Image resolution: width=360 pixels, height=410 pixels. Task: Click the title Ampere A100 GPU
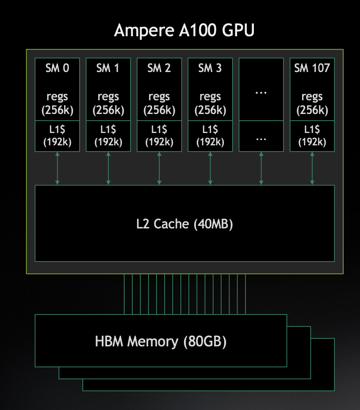(x=184, y=31)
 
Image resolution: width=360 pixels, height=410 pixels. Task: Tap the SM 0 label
(x=57, y=68)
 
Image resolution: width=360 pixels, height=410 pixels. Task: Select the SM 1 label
(x=108, y=68)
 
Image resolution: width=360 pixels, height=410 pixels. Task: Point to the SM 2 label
(x=159, y=68)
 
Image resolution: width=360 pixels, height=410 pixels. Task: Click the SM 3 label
(x=210, y=68)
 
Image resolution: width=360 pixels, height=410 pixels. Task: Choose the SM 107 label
(x=312, y=68)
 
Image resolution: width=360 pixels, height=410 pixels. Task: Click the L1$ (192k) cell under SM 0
(x=57, y=136)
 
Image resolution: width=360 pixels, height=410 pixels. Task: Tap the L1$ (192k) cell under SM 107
(x=312, y=136)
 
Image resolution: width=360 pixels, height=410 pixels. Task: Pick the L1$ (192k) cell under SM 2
(x=159, y=136)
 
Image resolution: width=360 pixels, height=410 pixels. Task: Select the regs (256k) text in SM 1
(x=108, y=103)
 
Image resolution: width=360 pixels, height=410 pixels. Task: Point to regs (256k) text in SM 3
(x=210, y=103)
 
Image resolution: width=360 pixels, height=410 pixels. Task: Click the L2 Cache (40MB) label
(x=184, y=224)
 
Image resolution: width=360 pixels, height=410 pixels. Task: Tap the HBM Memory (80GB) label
(x=161, y=342)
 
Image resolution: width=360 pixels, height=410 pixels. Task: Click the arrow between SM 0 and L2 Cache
(x=57, y=168)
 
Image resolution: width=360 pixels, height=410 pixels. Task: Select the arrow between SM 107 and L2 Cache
(x=312, y=168)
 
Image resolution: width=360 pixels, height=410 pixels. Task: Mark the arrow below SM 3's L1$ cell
(x=210, y=168)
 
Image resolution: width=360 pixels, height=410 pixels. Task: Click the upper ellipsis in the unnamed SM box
(x=261, y=93)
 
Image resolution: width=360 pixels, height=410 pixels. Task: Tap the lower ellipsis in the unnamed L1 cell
(x=261, y=138)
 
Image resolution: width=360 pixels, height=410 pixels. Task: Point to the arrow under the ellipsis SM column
(x=261, y=168)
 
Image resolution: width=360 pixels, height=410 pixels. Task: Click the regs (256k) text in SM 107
(x=312, y=103)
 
